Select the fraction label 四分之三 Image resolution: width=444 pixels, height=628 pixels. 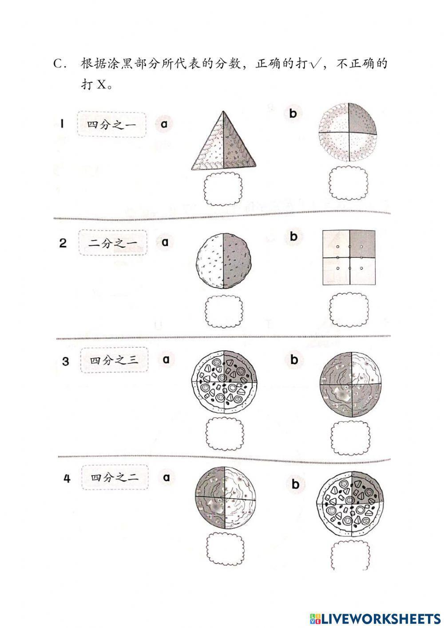tap(115, 360)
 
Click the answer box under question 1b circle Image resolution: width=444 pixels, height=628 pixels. tap(348, 184)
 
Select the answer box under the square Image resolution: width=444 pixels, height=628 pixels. tap(349, 308)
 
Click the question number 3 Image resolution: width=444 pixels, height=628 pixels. tap(66, 361)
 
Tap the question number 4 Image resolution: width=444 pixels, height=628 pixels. tap(67, 479)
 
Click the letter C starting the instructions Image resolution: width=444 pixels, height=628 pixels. tap(59, 64)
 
